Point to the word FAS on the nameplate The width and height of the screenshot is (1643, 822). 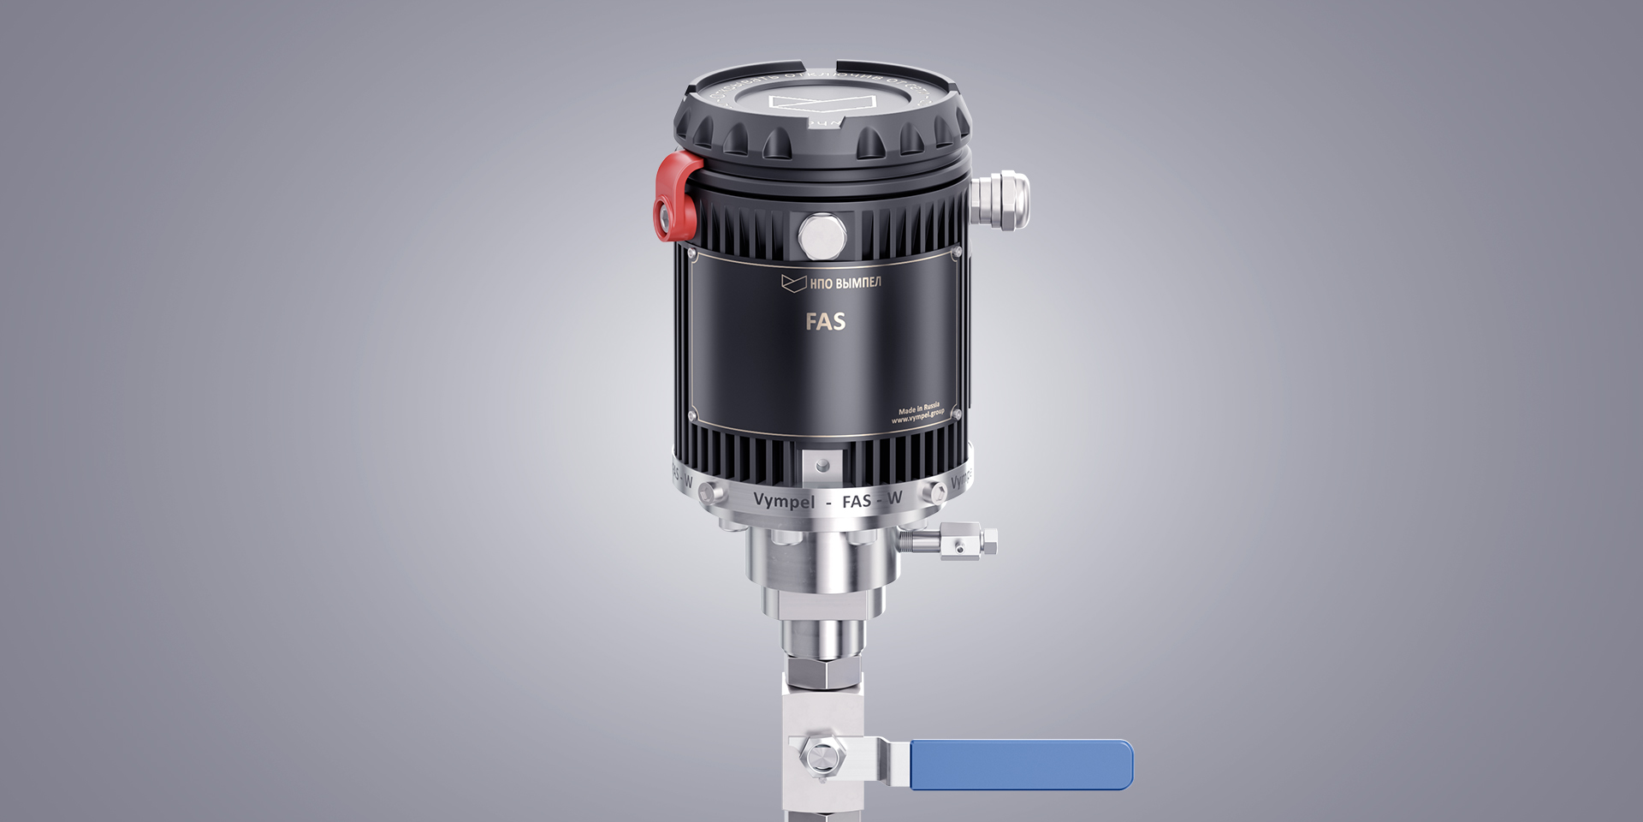coord(825,321)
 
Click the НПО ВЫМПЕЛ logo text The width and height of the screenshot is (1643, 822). coord(845,283)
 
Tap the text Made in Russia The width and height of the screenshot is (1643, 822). coord(918,410)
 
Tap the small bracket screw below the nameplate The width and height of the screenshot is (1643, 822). coord(822,466)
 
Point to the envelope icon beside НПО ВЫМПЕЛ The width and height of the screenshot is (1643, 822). coord(793,283)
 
